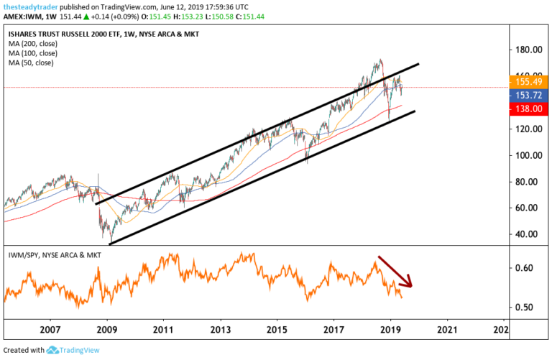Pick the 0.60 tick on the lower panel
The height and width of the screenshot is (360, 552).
[526, 268]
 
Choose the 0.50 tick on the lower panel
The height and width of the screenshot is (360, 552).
[526, 308]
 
